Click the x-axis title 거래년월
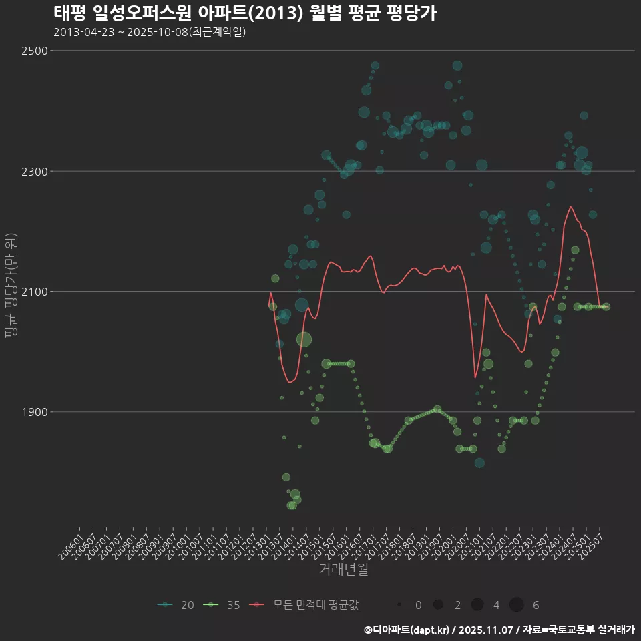point(344,570)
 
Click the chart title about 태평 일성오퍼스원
point(244,13)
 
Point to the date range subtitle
point(150,32)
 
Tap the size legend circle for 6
point(516,605)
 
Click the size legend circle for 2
point(438,605)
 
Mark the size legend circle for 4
point(477,605)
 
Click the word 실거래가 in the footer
point(616,630)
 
